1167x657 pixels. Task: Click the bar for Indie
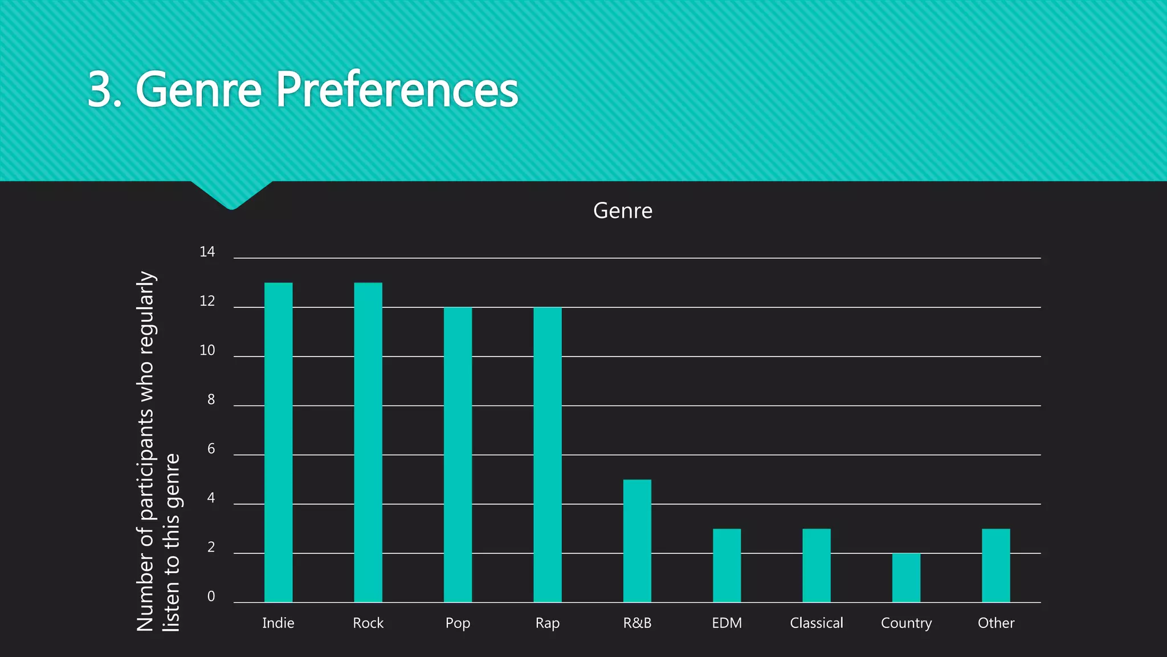(x=278, y=443)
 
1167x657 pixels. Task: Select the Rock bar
(x=368, y=443)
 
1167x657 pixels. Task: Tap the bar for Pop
(x=458, y=455)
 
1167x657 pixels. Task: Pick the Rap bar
(x=548, y=455)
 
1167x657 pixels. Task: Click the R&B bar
(x=637, y=541)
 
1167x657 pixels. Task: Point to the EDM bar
(x=727, y=565)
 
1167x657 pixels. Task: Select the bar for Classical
(x=817, y=565)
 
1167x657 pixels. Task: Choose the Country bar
(x=906, y=578)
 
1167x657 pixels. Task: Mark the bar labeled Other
(x=996, y=565)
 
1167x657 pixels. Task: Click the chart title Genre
(x=623, y=211)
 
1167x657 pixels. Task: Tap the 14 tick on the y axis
(x=207, y=252)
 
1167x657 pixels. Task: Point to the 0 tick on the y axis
(x=211, y=597)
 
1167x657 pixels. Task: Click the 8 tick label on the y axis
(x=211, y=400)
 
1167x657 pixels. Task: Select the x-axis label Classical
(x=817, y=623)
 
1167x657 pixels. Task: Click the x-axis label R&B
(x=637, y=623)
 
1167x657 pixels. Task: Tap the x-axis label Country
(x=906, y=623)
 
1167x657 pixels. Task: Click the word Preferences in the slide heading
(x=397, y=90)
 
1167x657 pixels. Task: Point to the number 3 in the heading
(x=100, y=90)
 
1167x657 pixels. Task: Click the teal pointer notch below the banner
(x=231, y=196)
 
